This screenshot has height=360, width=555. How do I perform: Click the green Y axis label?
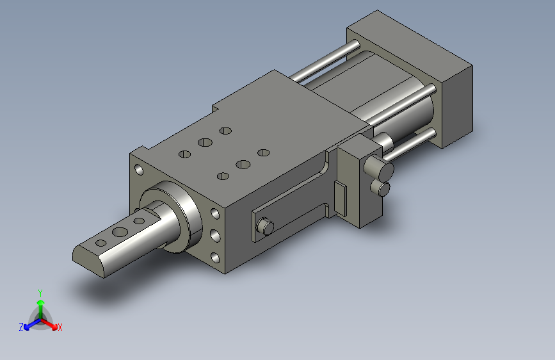click(x=40, y=293)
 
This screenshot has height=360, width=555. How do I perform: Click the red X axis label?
click(x=60, y=327)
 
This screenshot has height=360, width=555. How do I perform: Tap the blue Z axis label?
click(x=21, y=327)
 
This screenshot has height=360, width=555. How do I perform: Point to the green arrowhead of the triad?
click(x=41, y=302)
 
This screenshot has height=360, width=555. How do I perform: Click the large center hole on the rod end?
click(x=120, y=233)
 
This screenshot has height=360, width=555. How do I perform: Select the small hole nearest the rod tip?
click(x=101, y=243)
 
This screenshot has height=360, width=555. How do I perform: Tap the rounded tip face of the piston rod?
click(x=88, y=261)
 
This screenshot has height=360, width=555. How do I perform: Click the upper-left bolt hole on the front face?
click(x=139, y=170)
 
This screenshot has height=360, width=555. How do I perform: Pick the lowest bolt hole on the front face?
click(x=215, y=258)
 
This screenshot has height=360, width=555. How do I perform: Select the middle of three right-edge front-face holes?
click(x=215, y=236)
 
